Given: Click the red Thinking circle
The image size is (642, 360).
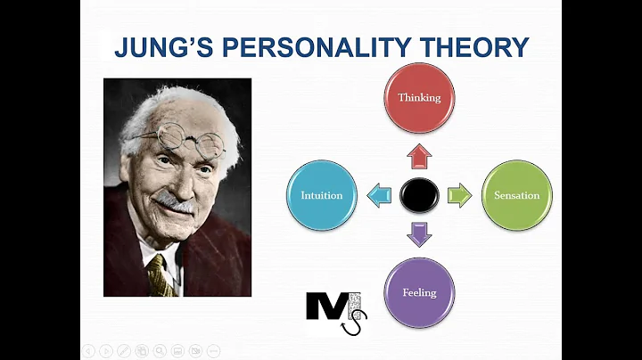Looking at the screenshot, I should (419, 98).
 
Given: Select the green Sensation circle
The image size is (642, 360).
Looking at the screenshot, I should (517, 195).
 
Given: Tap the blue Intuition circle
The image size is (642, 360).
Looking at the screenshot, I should (322, 195).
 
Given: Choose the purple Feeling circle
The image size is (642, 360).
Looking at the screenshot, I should (419, 293).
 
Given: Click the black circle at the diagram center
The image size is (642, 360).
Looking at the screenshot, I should (419, 195).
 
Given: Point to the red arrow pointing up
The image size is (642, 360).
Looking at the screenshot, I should (419, 158).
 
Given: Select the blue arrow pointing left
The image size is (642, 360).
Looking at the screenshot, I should (379, 195).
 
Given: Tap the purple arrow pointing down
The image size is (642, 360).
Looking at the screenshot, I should (419, 233).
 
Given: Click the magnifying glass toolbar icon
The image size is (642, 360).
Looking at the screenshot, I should (159, 350).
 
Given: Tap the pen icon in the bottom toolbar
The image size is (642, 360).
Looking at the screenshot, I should (123, 350).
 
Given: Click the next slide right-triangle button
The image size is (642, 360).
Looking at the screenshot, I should (105, 350).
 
